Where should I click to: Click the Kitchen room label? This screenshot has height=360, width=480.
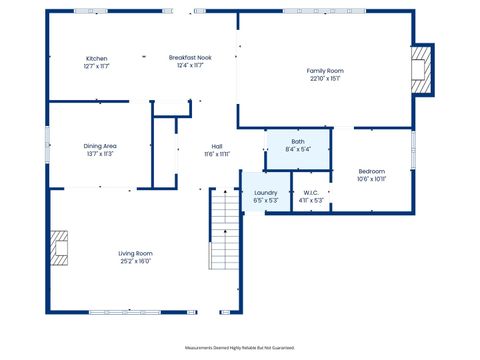point(97,59)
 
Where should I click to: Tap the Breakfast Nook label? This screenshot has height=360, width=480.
point(189,59)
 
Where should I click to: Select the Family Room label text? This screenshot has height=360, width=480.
point(325,71)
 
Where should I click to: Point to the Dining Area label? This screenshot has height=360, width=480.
point(100,146)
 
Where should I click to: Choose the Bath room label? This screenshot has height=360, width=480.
point(298,142)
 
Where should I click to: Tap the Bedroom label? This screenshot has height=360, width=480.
point(371,172)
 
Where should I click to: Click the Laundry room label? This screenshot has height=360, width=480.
point(265,192)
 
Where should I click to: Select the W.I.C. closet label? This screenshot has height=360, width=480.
point(311,192)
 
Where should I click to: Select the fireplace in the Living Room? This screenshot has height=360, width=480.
point(61,249)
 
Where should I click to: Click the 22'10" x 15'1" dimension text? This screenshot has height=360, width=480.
point(325,79)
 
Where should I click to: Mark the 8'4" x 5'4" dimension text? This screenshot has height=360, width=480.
point(298,150)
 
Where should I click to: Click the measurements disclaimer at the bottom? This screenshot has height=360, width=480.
point(240,348)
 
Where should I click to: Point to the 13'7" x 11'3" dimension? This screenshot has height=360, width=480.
point(100,154)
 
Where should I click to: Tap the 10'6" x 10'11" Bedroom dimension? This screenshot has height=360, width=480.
point(371,180)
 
